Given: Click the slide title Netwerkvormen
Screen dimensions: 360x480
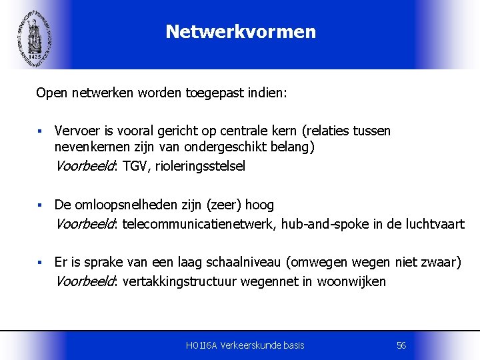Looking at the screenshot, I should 241,31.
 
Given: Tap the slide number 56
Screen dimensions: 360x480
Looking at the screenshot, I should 401,345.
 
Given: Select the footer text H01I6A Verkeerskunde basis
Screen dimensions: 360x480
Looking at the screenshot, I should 245,345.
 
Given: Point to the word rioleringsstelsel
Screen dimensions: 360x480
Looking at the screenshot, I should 200,166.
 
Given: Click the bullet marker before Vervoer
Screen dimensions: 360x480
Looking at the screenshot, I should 41,131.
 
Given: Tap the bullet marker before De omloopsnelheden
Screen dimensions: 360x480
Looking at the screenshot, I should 41,205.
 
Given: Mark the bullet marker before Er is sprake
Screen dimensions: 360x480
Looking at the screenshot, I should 41,263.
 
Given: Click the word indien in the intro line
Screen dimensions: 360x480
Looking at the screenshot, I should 267,93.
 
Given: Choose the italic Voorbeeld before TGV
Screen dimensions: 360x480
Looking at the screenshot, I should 85,166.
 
